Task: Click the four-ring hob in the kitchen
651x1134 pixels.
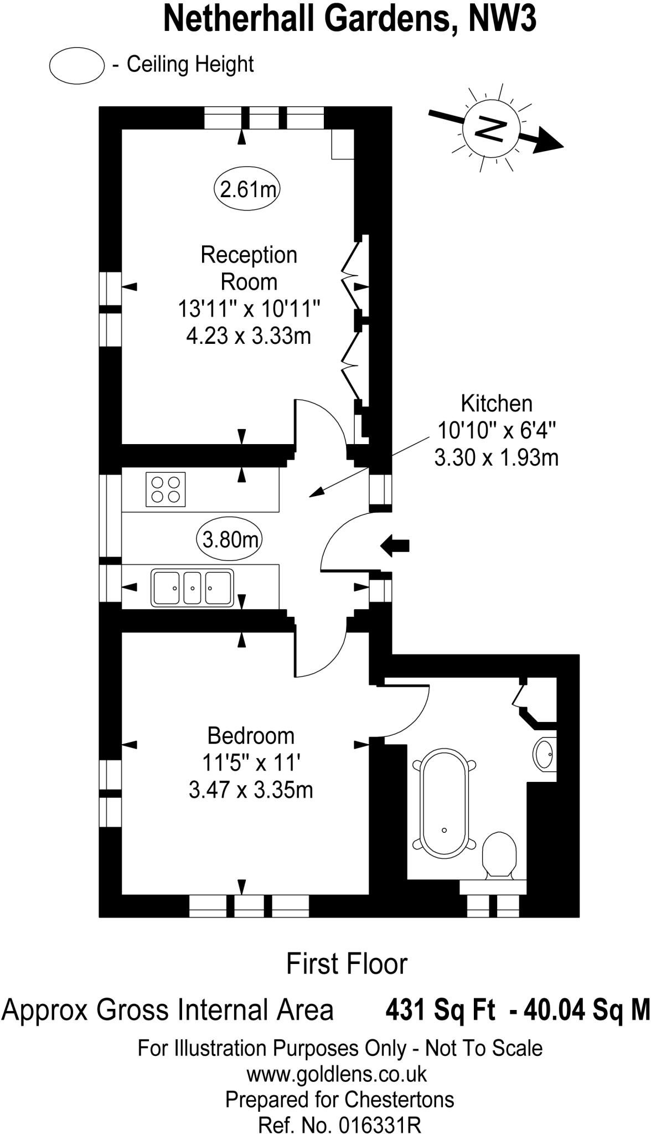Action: click(166, 489)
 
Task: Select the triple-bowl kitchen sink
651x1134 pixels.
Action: click(192, 588)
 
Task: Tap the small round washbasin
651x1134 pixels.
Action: click(545, 754)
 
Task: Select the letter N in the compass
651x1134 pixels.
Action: click(491, 130)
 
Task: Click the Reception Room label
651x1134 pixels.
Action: click(249, 268)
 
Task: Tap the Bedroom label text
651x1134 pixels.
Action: click(251, 736)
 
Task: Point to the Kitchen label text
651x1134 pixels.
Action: click(497, 404)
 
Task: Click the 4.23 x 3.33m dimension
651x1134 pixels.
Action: click(249, 336)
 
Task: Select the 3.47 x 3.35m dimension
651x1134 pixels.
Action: click(251, 790)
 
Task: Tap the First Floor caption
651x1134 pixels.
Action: click(347, 964)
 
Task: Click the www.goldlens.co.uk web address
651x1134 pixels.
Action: click(337, 1074)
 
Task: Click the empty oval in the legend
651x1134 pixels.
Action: click(77, 65)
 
